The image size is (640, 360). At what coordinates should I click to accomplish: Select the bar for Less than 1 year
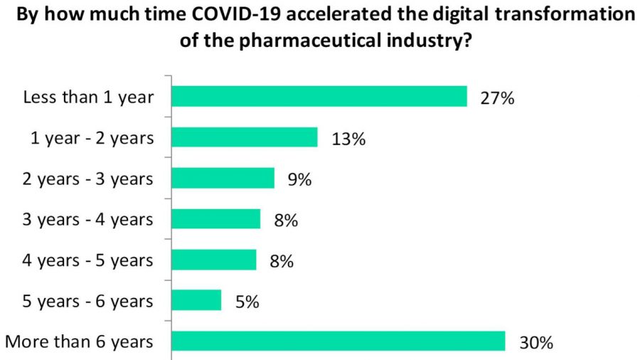(x=319, y=96)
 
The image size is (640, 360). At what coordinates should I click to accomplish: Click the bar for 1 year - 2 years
(x=245, y=137)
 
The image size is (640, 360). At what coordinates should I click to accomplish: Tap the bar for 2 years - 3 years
(x=223, y=178)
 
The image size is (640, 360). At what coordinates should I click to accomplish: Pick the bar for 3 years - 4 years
(x=216, y=218)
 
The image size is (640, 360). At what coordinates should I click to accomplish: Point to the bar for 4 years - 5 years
(x=214, y=260)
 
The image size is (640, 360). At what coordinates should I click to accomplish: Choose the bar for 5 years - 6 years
(x=197, y=300)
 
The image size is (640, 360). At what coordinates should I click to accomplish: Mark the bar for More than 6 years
(x=338, y=341)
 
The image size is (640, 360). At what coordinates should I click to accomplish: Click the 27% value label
(x=497, y=98)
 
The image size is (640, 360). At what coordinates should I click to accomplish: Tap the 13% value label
(x=348, y=139)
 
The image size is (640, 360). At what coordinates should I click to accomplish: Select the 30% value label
(x=535, y=343)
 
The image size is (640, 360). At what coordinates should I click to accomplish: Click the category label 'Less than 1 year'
(x=88, y=97)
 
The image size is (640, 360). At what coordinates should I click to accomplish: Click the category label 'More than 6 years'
(x=79, y=341)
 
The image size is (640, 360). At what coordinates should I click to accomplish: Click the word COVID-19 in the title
(x=232, y=15)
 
